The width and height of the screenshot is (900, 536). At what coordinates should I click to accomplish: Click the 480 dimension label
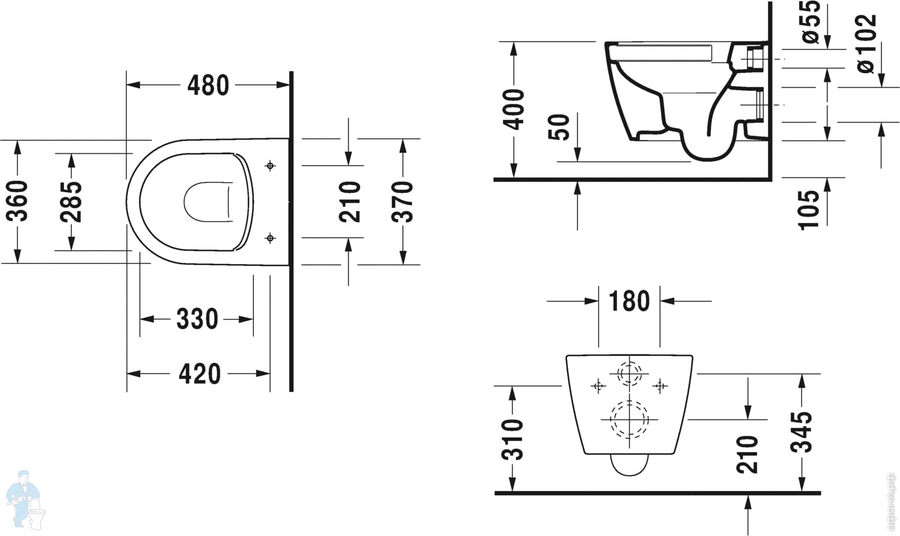pyautogui.click(x=208, y=85)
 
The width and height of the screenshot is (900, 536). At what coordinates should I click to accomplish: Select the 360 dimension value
pyautogui.click(x=17, y=201)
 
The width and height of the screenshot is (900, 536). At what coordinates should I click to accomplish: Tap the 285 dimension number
pyautogui.click(x=71, y=202)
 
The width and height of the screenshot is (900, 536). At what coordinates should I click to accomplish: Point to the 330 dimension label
pyautogui.click(x=197, y=319)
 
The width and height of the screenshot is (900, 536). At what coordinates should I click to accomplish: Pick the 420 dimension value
pyautogui.click(x=200, y=373)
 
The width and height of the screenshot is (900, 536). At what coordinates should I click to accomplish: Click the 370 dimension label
pyautogui.click(x=402, y=202)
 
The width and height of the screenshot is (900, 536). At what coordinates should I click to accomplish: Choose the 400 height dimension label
pyautogui.click(x=514, y=110)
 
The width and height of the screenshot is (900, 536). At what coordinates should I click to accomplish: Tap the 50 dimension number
pyautogui.click(x=559, y=127)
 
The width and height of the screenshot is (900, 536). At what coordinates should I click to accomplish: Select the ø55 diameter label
pyautogui.click(x=811, y=22)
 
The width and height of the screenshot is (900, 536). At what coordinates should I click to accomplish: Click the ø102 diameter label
pyautogui.click(x=867, y=43)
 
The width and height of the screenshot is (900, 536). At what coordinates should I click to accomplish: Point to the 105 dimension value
pyautogui.click(x=808, y=210)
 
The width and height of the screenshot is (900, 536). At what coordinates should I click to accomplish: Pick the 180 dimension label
pyautogui.click(x=629, y=301)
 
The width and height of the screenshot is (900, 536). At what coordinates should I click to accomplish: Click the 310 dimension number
pyautogui.click(x=512, y=439)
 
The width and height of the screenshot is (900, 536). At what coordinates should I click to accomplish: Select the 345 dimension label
pyautogui.click(x=801, y=432)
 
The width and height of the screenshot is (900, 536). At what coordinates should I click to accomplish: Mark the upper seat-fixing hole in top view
pyautogui.click(x=270, y=165)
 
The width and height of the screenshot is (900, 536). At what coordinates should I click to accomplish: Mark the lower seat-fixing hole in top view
pyautogui.click(x=270, y=238)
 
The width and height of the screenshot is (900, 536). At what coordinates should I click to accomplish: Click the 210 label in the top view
pyautogui.click(x=350, y=202)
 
